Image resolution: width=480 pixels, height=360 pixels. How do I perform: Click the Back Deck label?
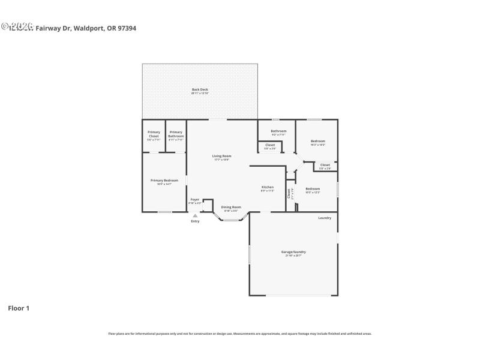tap(200, 89)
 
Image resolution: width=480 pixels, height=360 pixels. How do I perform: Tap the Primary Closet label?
tap(154, 134)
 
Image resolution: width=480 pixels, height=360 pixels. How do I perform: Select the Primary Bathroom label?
tap(176, 134)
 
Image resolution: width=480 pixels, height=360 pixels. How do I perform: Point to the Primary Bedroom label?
tap(164, 180)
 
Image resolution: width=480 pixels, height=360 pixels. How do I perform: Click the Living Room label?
tap(221, 156)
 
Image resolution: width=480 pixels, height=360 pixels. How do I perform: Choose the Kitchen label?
tap(268, 187)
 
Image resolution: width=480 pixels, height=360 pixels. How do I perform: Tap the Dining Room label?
tap(231, 207)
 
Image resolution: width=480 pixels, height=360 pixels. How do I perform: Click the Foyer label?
tap(195, 199)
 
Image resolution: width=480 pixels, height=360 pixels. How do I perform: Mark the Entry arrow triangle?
tap(195, 215)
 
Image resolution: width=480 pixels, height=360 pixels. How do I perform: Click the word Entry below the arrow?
tap(195, 221)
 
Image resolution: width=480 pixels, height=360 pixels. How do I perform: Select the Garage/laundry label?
tap(294, 252)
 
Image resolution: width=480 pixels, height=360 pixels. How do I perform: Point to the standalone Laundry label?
tap(325, 218)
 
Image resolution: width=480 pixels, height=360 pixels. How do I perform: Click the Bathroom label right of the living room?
tap(278, 131)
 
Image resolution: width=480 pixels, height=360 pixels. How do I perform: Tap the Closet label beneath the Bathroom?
tap(270, 145)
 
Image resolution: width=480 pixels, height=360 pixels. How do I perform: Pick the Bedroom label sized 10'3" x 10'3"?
tap(318, 141)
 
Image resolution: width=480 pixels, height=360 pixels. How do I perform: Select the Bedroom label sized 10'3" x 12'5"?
tap(313, 188)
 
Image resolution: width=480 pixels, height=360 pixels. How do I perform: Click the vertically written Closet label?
tap(289, 193)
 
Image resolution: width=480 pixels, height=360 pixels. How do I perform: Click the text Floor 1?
tap(19, 308)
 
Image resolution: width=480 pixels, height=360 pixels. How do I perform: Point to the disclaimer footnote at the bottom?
tap(239, 334)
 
